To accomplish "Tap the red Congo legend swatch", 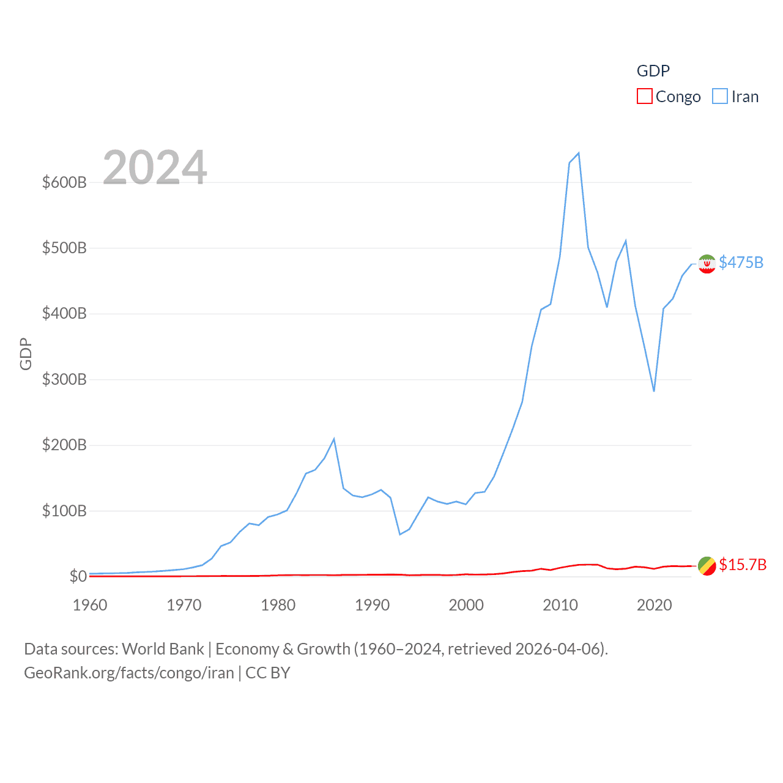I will click(645, 97).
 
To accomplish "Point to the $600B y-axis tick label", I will click(64, 182).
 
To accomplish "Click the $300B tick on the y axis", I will click(64, 379).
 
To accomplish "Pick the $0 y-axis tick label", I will click(78, 576).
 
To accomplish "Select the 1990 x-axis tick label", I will click(372, 605).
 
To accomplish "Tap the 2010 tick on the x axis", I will click(560, 605).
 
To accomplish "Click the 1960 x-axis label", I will click(90, 605).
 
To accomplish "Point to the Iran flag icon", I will click(707, 264).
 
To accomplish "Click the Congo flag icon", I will click(707, 566).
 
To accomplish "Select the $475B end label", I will click(741, 262).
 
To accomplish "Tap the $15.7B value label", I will click(743, 565).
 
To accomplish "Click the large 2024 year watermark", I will click(155, 168).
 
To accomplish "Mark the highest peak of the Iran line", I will click(579, 153).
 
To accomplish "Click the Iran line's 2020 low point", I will click(654, 391).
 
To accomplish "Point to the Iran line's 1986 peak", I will click(334, 439).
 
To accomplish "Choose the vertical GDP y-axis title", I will click(26, 354).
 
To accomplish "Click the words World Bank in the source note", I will click(163, 648).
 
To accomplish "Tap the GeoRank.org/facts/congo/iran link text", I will click(129, 673).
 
